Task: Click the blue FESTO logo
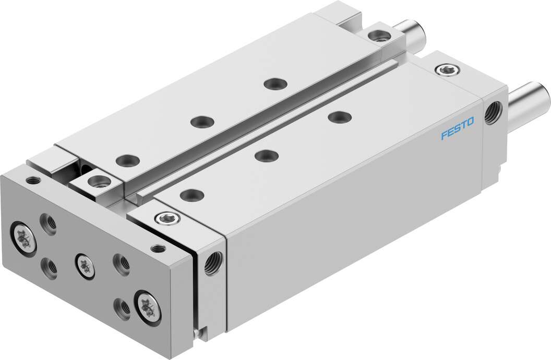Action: [x=458, y=129]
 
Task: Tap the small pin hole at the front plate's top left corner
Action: [x=34, y=181]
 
